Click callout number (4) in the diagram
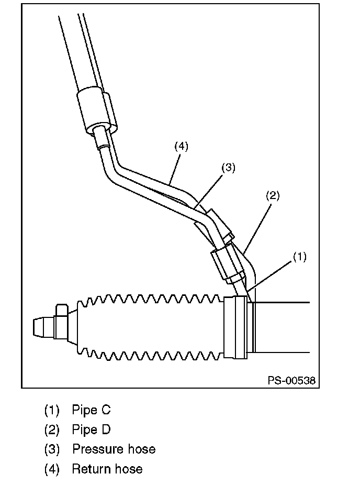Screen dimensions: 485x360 181,147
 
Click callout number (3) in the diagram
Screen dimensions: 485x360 228,168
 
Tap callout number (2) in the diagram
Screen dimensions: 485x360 273,196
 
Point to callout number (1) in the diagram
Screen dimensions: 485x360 299,257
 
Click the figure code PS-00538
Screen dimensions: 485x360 292,381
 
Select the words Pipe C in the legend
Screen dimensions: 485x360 91,410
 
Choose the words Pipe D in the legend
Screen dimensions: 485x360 91,429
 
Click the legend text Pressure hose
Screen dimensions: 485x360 114,449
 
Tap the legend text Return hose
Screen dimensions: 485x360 107,468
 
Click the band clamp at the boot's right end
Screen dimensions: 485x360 235,328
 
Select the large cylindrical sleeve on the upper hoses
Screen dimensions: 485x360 96,109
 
